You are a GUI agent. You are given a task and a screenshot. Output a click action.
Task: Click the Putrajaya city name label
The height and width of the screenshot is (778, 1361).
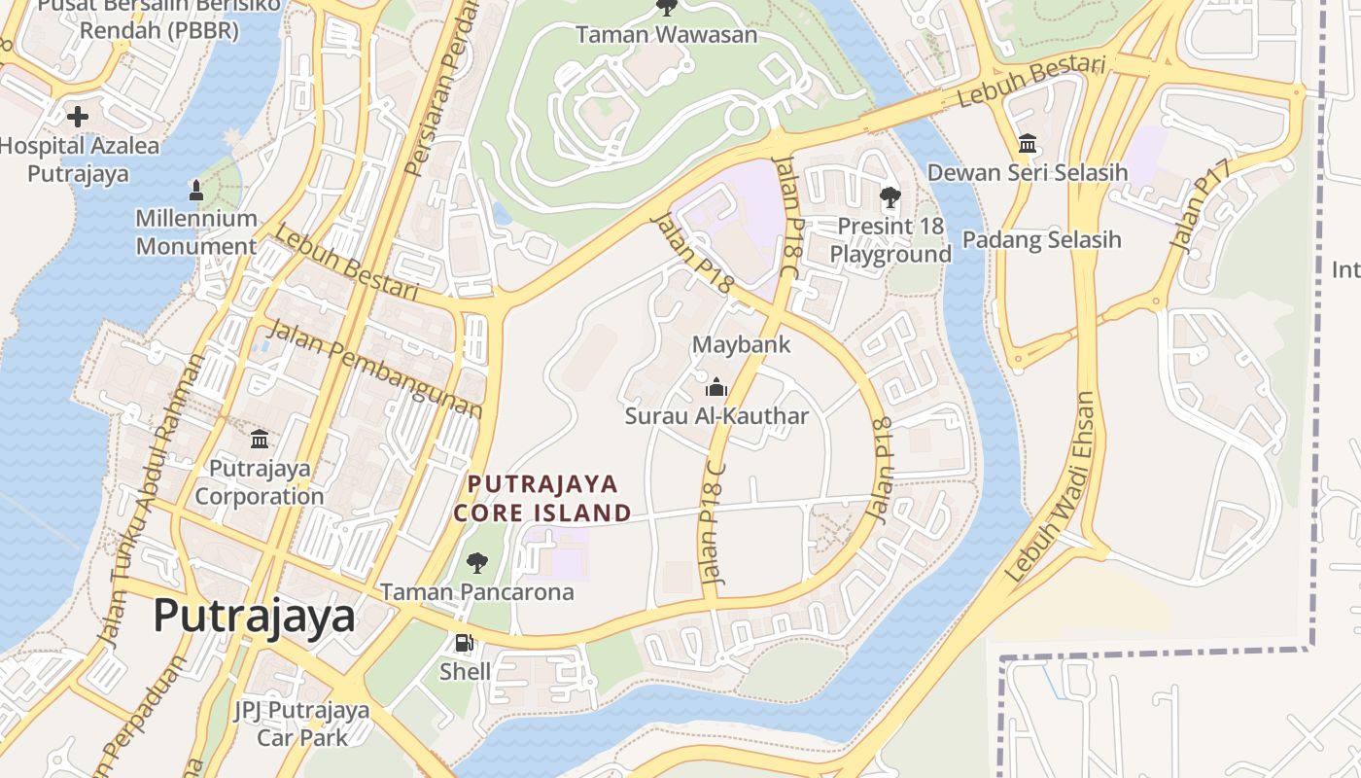(255, 617)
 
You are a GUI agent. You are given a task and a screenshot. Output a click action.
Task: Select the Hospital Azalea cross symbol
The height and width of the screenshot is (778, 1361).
(78, 117)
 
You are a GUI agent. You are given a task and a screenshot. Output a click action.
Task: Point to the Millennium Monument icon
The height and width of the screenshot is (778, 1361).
(195, 190)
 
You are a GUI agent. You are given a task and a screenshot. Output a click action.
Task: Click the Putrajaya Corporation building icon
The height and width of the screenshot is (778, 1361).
(260, 440)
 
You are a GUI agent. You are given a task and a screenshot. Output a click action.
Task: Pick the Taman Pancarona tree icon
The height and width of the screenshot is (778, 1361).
(476, 562)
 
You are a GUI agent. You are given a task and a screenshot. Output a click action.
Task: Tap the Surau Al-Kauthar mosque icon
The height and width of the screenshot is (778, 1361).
(716, 387)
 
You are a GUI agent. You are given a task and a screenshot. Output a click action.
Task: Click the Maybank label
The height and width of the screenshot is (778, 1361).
(741, 344)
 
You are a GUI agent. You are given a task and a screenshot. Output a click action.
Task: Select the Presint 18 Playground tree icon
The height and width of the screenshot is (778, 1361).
(890, 198)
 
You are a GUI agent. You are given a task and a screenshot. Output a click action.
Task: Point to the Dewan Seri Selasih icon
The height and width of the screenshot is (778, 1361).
(1028, 144)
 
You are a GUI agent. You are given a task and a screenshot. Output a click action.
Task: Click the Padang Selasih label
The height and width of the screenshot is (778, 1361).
(1041, 239)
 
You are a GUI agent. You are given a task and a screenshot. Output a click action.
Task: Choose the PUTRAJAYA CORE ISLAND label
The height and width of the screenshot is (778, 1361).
(542, 498)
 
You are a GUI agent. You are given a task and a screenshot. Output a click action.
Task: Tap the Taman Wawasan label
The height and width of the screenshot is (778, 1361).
(666, 35)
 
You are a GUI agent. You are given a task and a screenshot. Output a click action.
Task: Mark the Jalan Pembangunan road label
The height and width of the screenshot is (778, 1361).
(373, 368)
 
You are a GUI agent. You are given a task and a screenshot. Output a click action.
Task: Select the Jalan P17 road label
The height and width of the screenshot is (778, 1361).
(1200, 205)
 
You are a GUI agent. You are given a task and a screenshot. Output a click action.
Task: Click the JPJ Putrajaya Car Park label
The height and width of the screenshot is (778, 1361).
(302, 724)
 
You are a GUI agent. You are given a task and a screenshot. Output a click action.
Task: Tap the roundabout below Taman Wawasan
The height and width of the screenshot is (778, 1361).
(741, 119)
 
